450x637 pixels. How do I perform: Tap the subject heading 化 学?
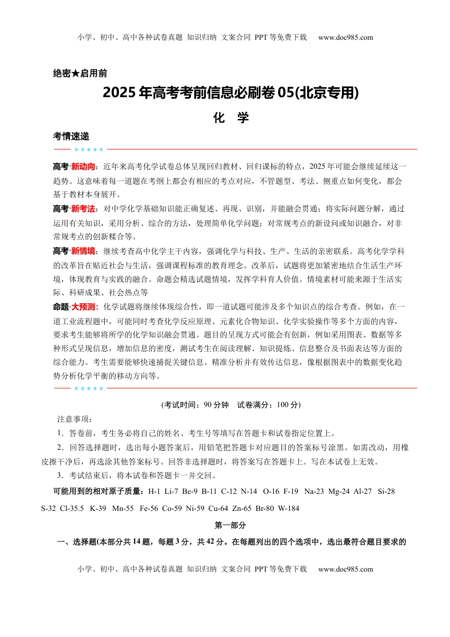(x=231, y=118)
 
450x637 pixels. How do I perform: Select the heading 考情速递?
(x=71, y=136)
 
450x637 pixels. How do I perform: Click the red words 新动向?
(x=83, y=167)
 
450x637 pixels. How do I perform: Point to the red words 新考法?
(x=83, y=209)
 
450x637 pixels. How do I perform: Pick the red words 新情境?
(x=83, y=251)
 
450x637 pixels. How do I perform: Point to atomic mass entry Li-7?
(x=171, y=491)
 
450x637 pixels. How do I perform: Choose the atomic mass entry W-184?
(x=288, y=509)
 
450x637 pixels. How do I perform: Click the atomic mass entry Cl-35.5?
(x=72, y=509)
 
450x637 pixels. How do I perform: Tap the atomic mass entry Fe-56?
(x=149, y=509)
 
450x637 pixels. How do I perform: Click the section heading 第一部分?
(x=230, y=526)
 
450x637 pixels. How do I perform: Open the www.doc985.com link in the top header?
(x=345, y=37)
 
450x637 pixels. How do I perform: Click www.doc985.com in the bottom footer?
(x=345, y=569)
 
